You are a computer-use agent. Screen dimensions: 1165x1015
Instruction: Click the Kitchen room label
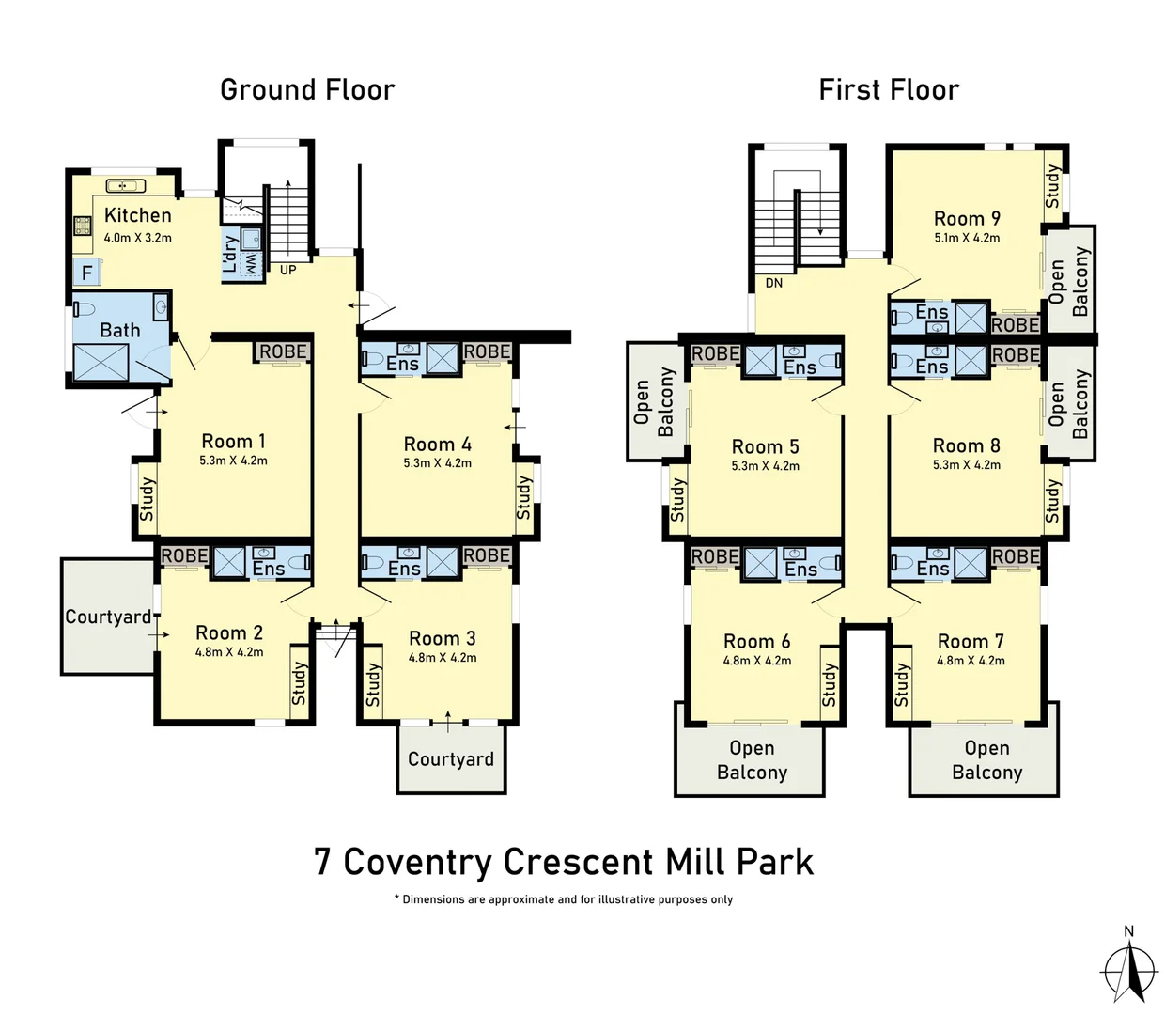138,215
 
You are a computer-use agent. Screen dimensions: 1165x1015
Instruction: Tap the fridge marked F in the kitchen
87,273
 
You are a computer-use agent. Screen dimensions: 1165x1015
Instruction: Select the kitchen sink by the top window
126,186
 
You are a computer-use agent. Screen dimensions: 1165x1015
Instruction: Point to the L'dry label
230,254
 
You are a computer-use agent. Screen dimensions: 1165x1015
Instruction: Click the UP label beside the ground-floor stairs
288,270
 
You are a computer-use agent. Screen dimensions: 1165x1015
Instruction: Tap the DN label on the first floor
774,283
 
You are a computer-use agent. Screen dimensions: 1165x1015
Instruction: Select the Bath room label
120,331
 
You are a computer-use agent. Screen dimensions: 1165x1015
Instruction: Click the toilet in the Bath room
85,310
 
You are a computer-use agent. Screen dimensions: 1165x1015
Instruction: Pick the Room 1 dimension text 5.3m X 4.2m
233,461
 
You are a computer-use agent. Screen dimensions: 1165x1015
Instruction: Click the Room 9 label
967,218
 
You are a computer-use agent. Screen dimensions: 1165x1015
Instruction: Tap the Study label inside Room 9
1053,186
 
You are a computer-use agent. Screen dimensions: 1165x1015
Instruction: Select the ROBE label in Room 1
283,351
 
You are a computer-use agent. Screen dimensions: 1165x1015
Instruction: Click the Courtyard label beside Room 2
108,617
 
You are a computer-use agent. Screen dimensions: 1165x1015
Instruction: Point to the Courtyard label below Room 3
451,759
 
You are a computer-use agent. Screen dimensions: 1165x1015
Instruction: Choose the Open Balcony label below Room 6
753,760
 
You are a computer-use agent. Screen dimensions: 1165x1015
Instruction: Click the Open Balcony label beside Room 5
654,402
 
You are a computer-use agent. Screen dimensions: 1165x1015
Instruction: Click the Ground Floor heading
307,90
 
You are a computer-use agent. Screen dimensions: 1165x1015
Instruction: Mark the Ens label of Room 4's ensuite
402,364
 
